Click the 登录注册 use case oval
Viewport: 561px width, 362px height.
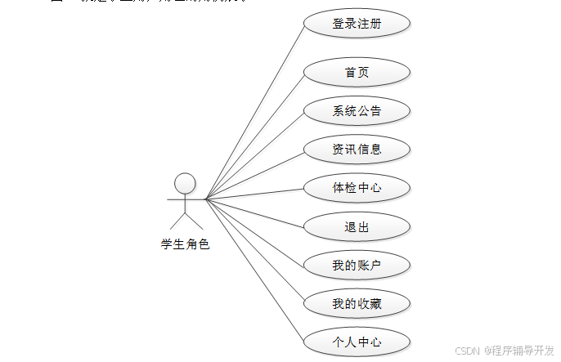pos(357,24)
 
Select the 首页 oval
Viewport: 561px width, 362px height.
pos(357,73)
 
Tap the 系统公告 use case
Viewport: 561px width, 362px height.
pos(357,111)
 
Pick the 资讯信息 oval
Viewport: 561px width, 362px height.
pos(357,150)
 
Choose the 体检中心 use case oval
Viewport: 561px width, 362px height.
pos(357,188)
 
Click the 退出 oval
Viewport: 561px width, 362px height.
pos(357,226)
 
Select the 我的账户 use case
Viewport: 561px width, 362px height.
pos(357,265)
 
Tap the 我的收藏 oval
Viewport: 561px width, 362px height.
pos(357,304)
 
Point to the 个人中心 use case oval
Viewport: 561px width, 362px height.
pos(357,342)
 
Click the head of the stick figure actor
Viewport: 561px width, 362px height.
pos(186,182)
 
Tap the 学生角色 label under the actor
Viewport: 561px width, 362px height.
pos(186,244)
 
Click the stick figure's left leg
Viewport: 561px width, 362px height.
pos(177,221)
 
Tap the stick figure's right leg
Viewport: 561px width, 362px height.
pos(194,221)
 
